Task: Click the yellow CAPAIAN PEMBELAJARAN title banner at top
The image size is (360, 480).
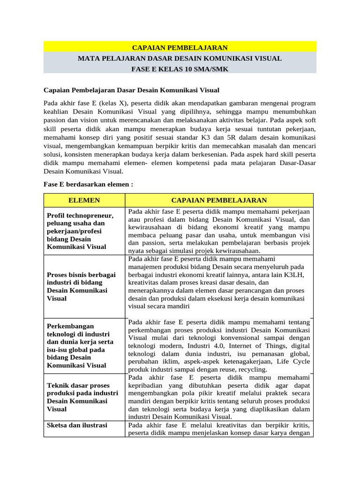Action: (x=180, y=47)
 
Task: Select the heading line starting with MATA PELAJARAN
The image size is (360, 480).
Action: (x=180, y=59)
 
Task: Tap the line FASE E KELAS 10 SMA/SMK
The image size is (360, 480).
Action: (x=180, y=69)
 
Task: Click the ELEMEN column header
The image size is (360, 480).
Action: (x=84, y=200)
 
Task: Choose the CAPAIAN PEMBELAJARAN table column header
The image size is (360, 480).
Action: (x=219, y=200)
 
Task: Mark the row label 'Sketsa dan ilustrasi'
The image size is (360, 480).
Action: (x=77, y=425)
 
